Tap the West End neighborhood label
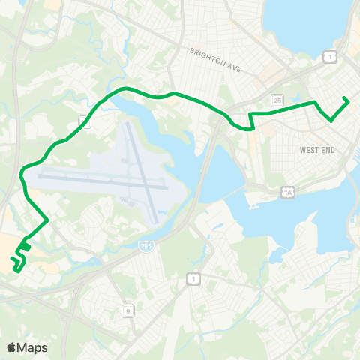click(316, 151)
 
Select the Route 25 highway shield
click(277, 100)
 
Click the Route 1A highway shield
click(288, 193)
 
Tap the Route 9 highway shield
click(127, 310)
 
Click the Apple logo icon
click(13, 347)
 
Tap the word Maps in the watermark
click(33, 347)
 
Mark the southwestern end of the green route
click(13, 259)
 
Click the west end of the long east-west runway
click(39, 173)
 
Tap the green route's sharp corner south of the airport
click(49, 220)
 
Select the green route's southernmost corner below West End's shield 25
click(253, 128)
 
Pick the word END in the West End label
click(328, 151)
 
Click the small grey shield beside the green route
click(85, 122)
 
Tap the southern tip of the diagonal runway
click(155, 222)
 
